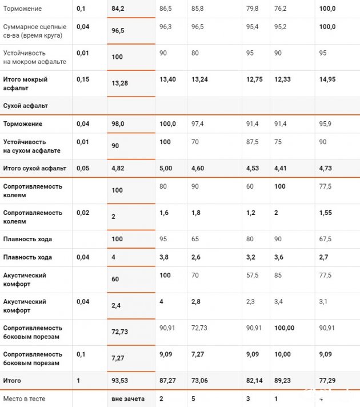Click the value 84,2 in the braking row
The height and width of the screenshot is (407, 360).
pyautogui.click(x=118, y=9)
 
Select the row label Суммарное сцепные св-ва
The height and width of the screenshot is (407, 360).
pyautogui.click(x=34, y=31)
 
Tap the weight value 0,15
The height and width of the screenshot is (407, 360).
pyautogui.click(x=83, y=79)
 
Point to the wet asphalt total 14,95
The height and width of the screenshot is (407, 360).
pyautogui.click(x=327, y=79)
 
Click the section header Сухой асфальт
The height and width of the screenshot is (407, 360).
pyautogui.click(x=26, y=106)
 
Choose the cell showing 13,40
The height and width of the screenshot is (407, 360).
pyautogui.click(x=167, y=79)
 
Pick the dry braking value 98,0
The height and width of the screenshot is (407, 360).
pyautogui.click(x=118, y=124)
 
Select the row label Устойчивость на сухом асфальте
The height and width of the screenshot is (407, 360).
pyautogui.click(x=33, y=146)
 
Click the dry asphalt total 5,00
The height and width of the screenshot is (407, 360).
pyautogui.click(x=166, y=168)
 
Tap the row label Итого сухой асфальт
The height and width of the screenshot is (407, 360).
pyautogui.click(x=35, y=168)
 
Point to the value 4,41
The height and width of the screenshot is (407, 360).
pyautogui.click(x=282, y=168)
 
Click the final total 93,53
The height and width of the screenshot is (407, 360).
pyautogui.click(x=120, y=381)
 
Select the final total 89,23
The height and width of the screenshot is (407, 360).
pyautogui.click(x=283, y=381)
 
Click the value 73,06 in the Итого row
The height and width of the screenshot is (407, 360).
pyautogui.click(x=200, y=381)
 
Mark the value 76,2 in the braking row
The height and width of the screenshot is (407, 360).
pyautogui.click(x=281, y=9)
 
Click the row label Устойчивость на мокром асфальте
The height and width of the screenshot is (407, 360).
pyautogui.click(x=34, y=57)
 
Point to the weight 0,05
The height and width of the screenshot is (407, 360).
pyautogui.click(x=83, y=168)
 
